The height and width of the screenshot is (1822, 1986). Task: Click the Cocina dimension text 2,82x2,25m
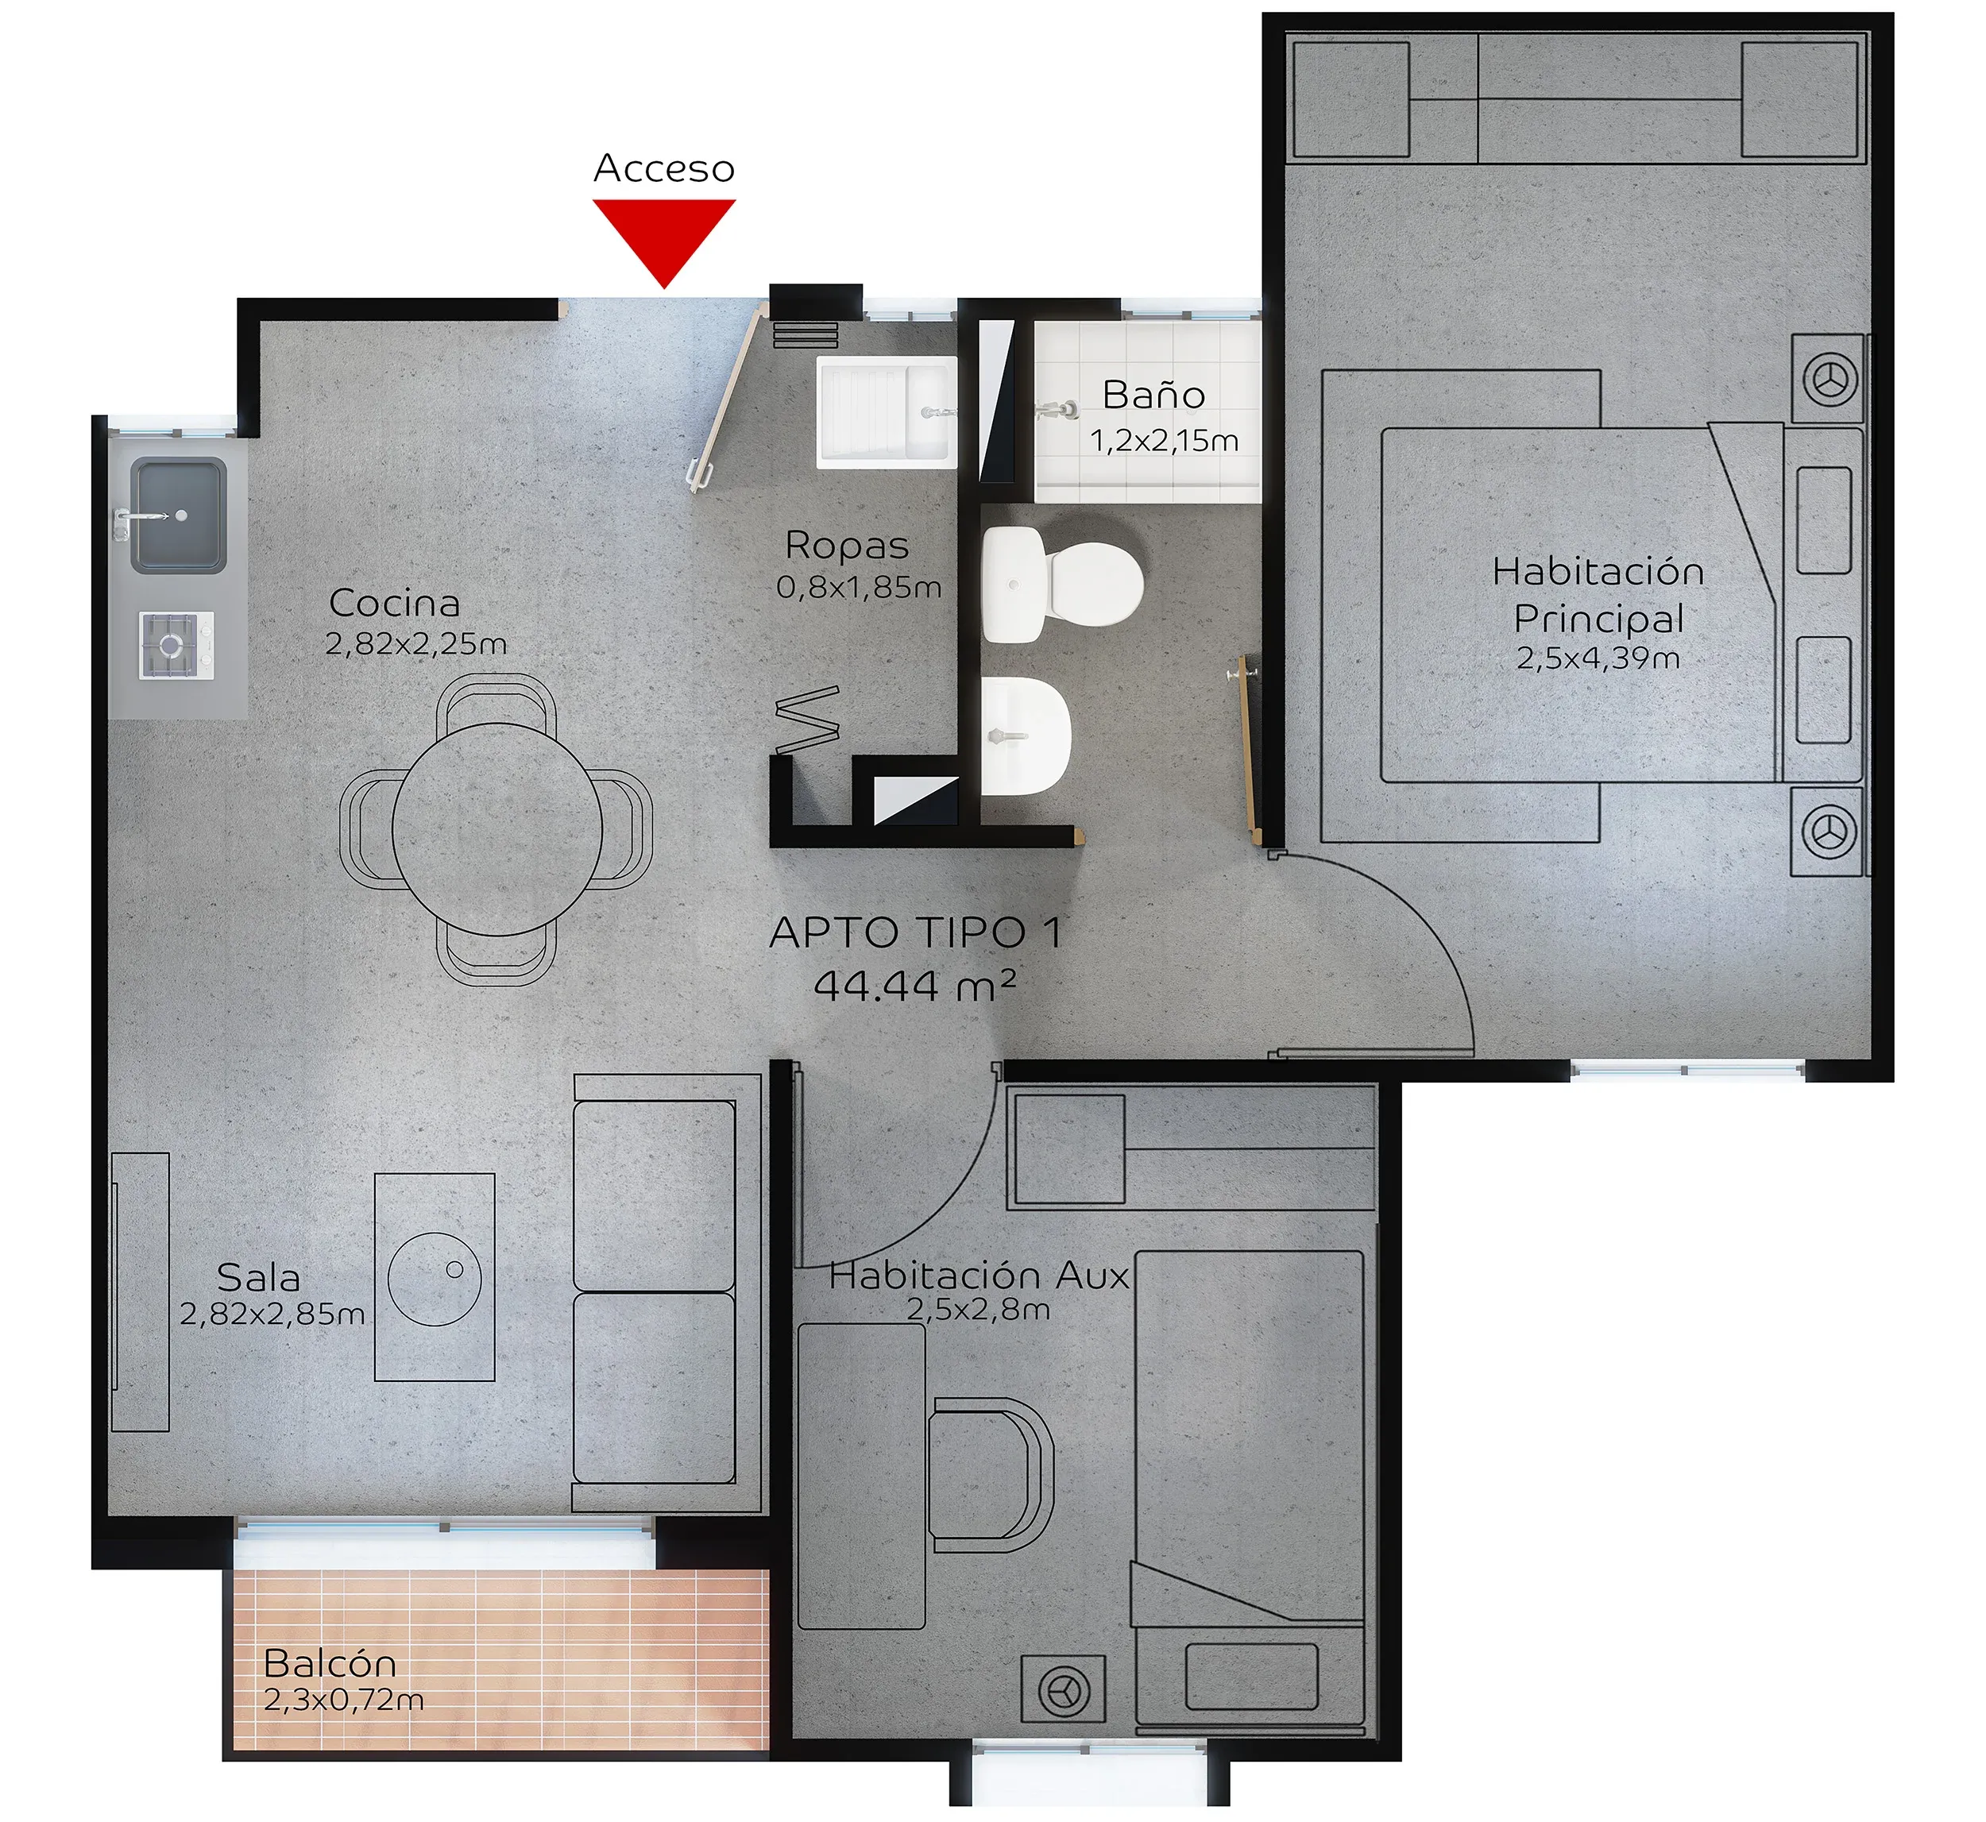[x=416, y=644]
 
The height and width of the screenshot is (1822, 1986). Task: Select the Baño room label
[x=1153, y=395]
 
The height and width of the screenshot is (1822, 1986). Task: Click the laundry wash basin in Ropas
[x=887, y=411]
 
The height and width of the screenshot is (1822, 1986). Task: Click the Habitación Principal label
[x=1598, y=595]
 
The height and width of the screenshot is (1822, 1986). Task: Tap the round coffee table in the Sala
[x=434, y=1278]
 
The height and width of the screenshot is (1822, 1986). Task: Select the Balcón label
[x=330, y=1663]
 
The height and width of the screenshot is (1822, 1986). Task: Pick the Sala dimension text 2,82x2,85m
[x=272, y=1314]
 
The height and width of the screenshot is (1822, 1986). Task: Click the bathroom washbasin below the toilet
[x=1026, y=735]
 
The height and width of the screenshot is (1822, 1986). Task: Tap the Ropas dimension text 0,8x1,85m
[x=859, y=588]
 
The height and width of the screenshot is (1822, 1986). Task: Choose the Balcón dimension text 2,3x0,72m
[x=344, y=1699]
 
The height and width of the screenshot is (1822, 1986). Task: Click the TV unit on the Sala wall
[x=140, y=1291]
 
